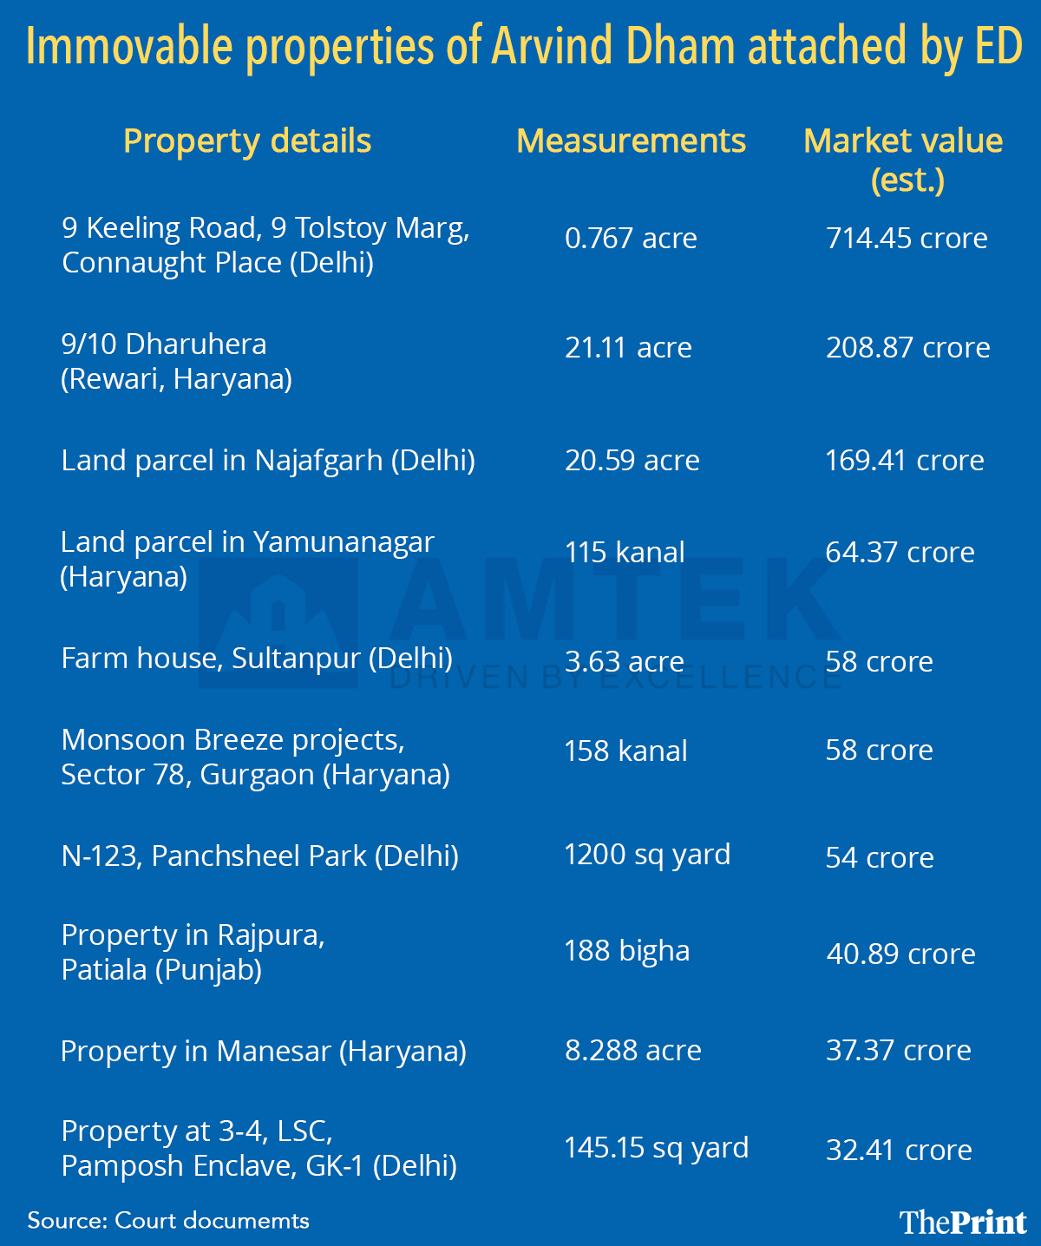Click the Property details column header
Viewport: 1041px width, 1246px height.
coord(247,141)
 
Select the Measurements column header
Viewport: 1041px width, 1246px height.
coord(631,141)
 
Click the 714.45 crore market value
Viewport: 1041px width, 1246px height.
coord(907,238)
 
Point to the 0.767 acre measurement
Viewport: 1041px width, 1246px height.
coord(631,238)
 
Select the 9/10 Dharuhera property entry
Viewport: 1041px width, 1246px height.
coord(176,361)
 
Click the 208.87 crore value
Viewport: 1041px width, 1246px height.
coord(907,347)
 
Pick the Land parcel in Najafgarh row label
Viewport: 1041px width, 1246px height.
coord(268,460)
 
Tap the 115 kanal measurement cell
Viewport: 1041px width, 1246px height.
coord(625,552)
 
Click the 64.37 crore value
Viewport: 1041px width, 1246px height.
coord(900,552)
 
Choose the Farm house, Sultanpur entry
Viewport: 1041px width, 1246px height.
coord(257,659)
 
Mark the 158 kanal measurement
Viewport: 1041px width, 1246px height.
coord(625,751)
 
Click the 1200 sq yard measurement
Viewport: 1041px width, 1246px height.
coord(647,855)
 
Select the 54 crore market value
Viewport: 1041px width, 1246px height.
coord(880,857)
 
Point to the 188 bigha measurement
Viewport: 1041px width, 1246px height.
coord(627,951)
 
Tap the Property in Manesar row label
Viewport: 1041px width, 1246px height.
coord(264,1051)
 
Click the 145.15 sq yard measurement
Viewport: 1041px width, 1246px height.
coord(657,1148)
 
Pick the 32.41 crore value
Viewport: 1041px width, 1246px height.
coord(899,1150)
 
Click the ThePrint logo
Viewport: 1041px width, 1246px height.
coord(963,1222)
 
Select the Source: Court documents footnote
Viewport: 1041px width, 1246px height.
coord(168,1221)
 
